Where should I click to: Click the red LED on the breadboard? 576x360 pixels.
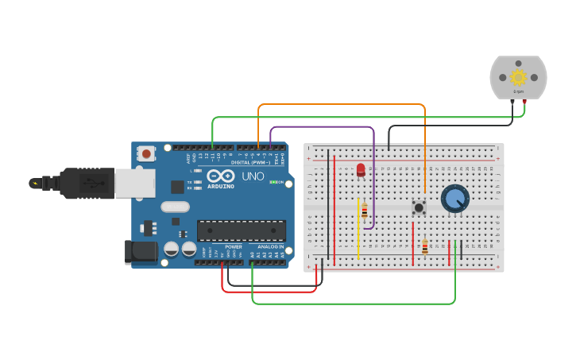361,169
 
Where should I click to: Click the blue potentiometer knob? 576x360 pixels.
455,198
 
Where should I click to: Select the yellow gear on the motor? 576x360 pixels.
519,77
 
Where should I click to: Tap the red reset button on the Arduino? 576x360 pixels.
148,153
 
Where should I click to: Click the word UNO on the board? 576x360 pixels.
253,176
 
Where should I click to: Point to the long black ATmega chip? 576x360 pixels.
241,230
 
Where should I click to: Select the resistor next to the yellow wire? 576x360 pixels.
365,211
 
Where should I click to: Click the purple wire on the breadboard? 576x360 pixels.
373,183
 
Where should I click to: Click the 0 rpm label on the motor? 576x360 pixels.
519,92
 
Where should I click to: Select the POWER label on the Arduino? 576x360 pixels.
233,247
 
